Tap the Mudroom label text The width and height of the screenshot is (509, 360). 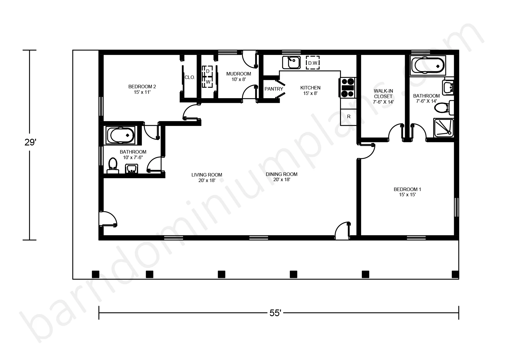coord(239,77)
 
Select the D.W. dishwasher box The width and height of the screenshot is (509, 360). coord(313,63)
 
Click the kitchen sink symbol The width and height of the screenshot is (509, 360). coord(291,62)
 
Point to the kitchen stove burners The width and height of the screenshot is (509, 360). coord(348,88)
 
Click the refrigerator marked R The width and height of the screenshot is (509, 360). coord(349,117)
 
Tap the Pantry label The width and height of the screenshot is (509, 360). coord(274,89)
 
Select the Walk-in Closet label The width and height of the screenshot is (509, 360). coord(383,96)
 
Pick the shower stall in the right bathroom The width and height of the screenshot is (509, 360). coord(443,127)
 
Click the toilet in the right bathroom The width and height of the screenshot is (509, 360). coord(444,107)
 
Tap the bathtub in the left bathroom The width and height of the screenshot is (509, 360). coord(121,135)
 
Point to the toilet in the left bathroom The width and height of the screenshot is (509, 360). coord(112,166)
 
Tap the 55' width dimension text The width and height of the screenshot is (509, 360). coord(275,313)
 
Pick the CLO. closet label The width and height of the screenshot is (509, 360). coord(190,78)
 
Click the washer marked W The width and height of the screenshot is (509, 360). coord(208,82)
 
